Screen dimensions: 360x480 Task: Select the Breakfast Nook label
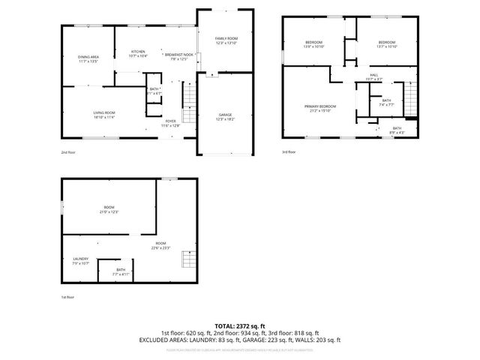click(x=178, y=55)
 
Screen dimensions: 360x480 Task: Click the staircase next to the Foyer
click(x=189, y=98)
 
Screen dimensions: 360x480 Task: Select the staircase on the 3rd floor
click(x=409, y=97)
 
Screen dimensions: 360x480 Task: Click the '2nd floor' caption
click(x=68, y=152)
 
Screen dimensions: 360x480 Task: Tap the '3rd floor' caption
click(x=289, y=152)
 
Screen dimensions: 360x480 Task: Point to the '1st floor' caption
click(x=68, y=297)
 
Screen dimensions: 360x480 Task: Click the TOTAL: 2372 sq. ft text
click(x=239, y=325)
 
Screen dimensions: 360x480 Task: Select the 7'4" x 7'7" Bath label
click(x=386, y=103)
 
